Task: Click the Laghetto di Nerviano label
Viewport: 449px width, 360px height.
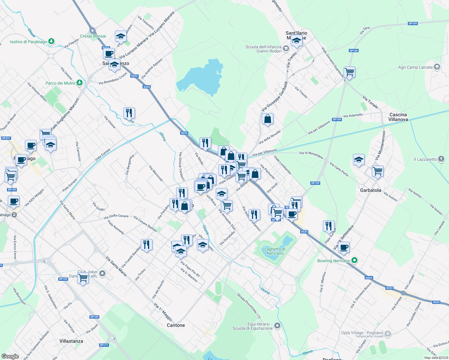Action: pos(275,251)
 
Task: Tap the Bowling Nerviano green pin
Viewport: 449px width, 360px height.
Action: pos(354,260)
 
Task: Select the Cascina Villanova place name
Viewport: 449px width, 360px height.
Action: pos(398,117)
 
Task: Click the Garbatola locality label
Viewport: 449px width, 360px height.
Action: pos(371,190)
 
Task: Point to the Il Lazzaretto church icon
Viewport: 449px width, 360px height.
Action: pos(441,159)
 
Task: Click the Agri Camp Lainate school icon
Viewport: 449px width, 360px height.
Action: pos(437,67)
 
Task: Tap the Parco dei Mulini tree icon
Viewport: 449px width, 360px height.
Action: pos(79,82)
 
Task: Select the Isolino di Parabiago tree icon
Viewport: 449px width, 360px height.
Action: pos(51,41)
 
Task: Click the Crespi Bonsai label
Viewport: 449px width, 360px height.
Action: pos(93,36)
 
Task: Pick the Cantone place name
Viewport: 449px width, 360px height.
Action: pos(176,325)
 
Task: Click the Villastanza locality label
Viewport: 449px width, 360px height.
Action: pos(71,341)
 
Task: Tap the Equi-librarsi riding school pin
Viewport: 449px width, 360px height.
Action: pos(277,325)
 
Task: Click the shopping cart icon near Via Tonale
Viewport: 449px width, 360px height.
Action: pos(349,72)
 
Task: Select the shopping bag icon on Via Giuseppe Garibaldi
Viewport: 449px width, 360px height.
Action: pos(267,119)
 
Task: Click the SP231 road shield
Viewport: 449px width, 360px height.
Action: pos(6,138)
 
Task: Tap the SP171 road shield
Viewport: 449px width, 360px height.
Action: pos(104,345)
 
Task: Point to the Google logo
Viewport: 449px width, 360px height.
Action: pos(10,356)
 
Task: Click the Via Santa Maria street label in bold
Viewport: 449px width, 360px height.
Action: pos(116,266)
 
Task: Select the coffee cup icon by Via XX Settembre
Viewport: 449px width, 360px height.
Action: pos(344,247)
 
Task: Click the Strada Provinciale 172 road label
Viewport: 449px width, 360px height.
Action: pos(249,306)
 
